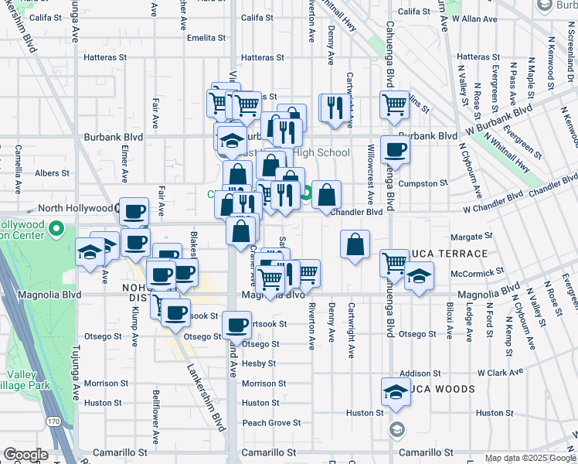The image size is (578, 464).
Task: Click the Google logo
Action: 25,455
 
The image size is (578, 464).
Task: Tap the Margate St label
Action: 474,236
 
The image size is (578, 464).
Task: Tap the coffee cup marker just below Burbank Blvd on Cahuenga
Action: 395,149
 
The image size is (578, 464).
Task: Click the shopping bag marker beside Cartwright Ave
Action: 355,244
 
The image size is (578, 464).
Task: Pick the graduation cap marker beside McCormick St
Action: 418,276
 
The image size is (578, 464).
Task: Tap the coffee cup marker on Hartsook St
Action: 236,325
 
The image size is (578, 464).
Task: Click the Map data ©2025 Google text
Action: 529,458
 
